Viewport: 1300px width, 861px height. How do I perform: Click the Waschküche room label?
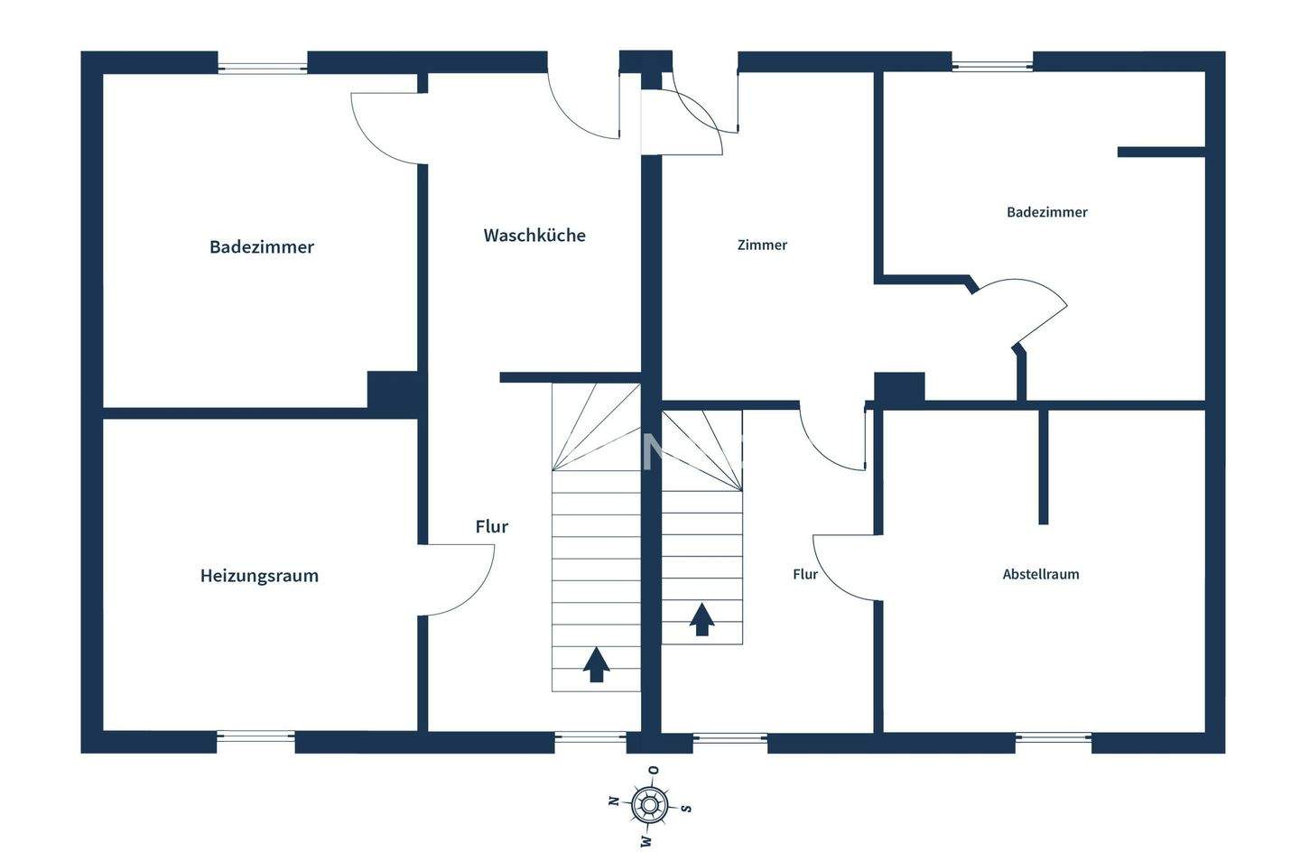(534, 236)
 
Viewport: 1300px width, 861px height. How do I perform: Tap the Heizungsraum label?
(259, 576)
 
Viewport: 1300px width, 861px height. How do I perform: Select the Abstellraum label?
(1040, 574)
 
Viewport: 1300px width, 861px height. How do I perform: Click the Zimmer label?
(762, 245)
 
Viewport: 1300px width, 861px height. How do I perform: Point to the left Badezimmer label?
(262, 247)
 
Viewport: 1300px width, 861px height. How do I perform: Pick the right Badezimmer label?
(1046, 212)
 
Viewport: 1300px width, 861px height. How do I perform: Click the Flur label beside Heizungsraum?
(492, 526)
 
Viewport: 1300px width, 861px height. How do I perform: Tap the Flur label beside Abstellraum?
(805, 574)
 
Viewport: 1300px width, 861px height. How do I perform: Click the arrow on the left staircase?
(596, 664)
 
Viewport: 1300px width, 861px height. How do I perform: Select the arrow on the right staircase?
(702, 619)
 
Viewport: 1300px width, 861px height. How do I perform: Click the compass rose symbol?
(649, 804)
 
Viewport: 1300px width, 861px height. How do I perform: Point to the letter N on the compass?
(613, 801)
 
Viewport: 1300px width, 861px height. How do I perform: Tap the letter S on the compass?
(686, 808)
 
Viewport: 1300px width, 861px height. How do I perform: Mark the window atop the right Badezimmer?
(992, 64)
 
